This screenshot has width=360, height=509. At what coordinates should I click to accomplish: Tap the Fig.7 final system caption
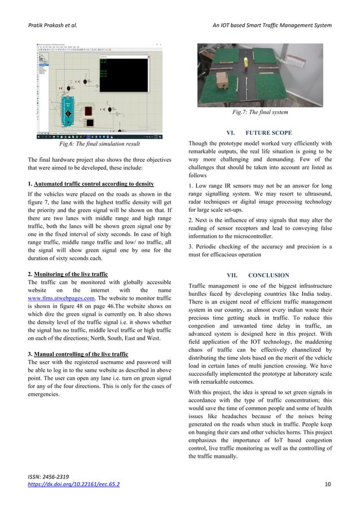click(x=259, y=113)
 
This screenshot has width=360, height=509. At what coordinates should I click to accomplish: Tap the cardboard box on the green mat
click(x=222, y=81)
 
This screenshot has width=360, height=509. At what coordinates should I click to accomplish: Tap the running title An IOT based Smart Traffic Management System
click(x=271, y=25)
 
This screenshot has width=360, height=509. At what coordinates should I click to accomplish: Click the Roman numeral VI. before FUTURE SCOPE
click(x=230, y=133)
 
